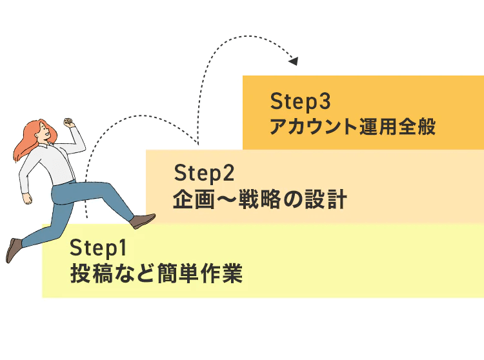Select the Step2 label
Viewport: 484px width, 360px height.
(203, 174)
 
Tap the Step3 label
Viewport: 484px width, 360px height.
(300, 101)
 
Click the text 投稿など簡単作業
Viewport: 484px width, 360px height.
(157, 274)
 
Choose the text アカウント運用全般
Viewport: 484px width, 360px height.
(352, 126)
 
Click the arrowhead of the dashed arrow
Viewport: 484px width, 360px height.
(294, 61)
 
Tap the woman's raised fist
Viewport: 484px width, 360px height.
(68, 122)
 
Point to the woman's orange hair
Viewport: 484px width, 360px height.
(26, 142)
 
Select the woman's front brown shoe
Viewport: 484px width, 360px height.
(143, 221)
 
